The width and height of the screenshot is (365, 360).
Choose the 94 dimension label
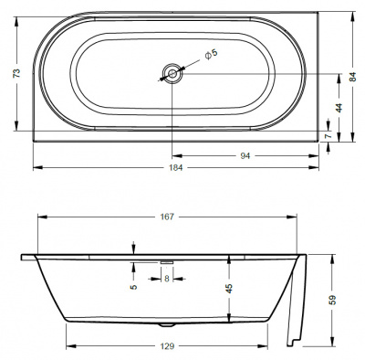click(x=244, y=155)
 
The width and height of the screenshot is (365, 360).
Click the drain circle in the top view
click(x=171, y=73)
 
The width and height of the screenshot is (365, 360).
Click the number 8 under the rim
click(x=166, y=280)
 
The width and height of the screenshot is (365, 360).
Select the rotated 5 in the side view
click(x=133, y=287)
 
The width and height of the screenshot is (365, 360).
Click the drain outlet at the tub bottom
click(x=165, y=324)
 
